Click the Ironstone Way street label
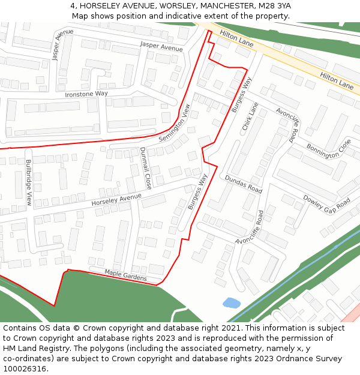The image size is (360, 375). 86,94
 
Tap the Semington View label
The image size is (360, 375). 174,124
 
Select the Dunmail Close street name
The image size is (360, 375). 145,167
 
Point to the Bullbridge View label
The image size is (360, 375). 28,182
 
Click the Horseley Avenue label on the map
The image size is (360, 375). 116,200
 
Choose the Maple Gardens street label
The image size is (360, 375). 125,275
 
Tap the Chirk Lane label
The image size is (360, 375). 250,116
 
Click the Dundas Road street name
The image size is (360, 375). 244,184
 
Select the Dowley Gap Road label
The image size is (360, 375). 326,203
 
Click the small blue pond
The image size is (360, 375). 230,303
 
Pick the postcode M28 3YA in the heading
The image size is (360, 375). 274,6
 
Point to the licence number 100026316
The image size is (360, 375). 25,369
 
